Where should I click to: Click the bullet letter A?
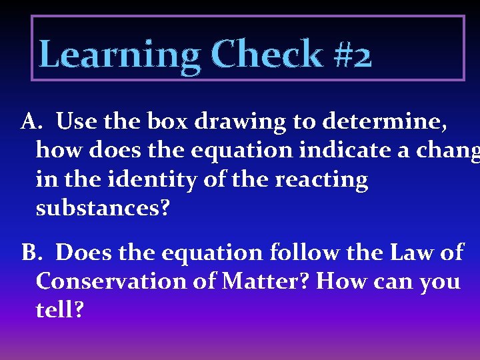[31, 122]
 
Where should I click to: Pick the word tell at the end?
[59, 310]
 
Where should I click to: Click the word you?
[439, 283]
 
